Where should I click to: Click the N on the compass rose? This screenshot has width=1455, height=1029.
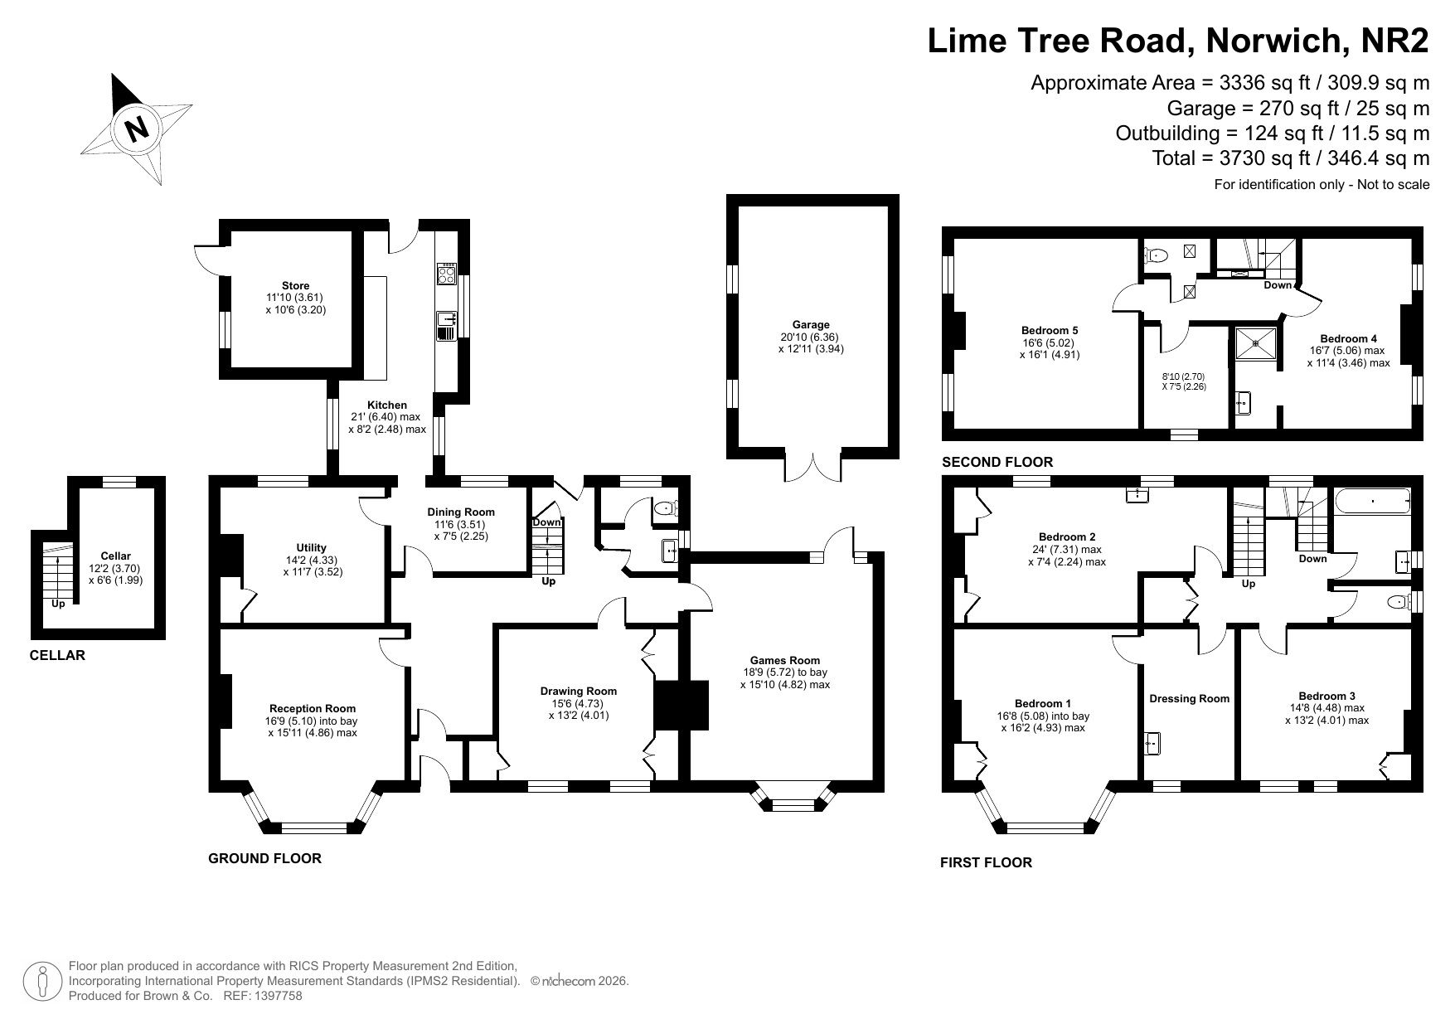point(137,129)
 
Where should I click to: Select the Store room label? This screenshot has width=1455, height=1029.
point(296,286)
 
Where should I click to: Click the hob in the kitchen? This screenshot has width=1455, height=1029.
point(446,274)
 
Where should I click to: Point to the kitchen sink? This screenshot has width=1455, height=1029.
point(446,325)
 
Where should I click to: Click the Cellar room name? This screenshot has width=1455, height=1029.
point(116,556)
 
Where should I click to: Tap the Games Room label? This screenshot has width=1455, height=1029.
point(784,661)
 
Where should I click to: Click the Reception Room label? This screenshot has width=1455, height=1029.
point(313,708)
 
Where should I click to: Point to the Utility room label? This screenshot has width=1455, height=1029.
point(312,547)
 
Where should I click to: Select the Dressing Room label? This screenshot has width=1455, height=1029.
point(1189,698)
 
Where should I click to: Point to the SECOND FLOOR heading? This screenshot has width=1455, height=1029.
point(997,462)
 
